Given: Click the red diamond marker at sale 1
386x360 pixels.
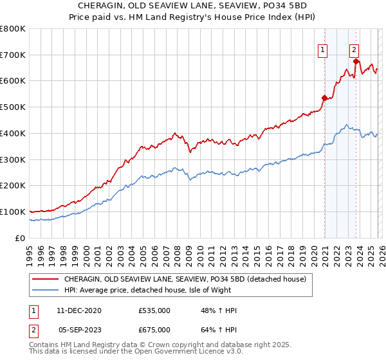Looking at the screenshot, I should tap(325, 98).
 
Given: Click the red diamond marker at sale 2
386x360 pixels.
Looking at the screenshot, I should tap(356, 61).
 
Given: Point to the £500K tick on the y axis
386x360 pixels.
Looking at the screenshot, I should tap(13, 107).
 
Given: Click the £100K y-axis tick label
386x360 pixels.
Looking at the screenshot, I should tap(13, 212).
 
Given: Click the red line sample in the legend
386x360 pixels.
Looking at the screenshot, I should tap(45, 279).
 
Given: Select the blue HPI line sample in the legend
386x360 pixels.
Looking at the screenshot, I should tap(45, 291).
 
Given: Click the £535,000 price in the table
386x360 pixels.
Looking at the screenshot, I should tap(154, 310).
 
